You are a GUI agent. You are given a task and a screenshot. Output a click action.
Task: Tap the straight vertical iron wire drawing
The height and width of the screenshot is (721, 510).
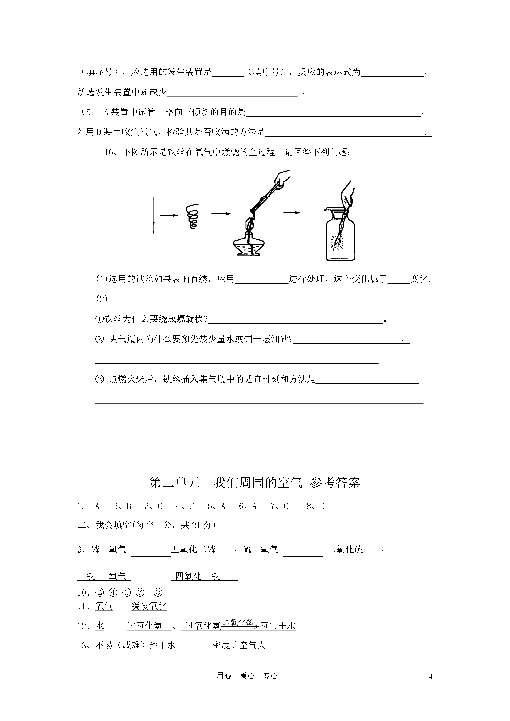[x=154, y=216]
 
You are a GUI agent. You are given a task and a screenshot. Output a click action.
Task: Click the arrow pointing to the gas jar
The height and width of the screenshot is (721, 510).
[x=291, y=213]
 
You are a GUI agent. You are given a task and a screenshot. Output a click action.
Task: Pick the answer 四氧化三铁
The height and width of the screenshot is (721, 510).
[x=198, y=576]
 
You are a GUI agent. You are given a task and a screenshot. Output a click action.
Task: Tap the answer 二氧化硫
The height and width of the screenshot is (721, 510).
[x=345, y=549]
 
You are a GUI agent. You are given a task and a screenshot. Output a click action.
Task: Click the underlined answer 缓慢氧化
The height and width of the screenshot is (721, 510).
[x=149, y=606]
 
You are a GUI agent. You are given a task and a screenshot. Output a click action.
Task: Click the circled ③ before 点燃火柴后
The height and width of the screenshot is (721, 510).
[x=99, y=379]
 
